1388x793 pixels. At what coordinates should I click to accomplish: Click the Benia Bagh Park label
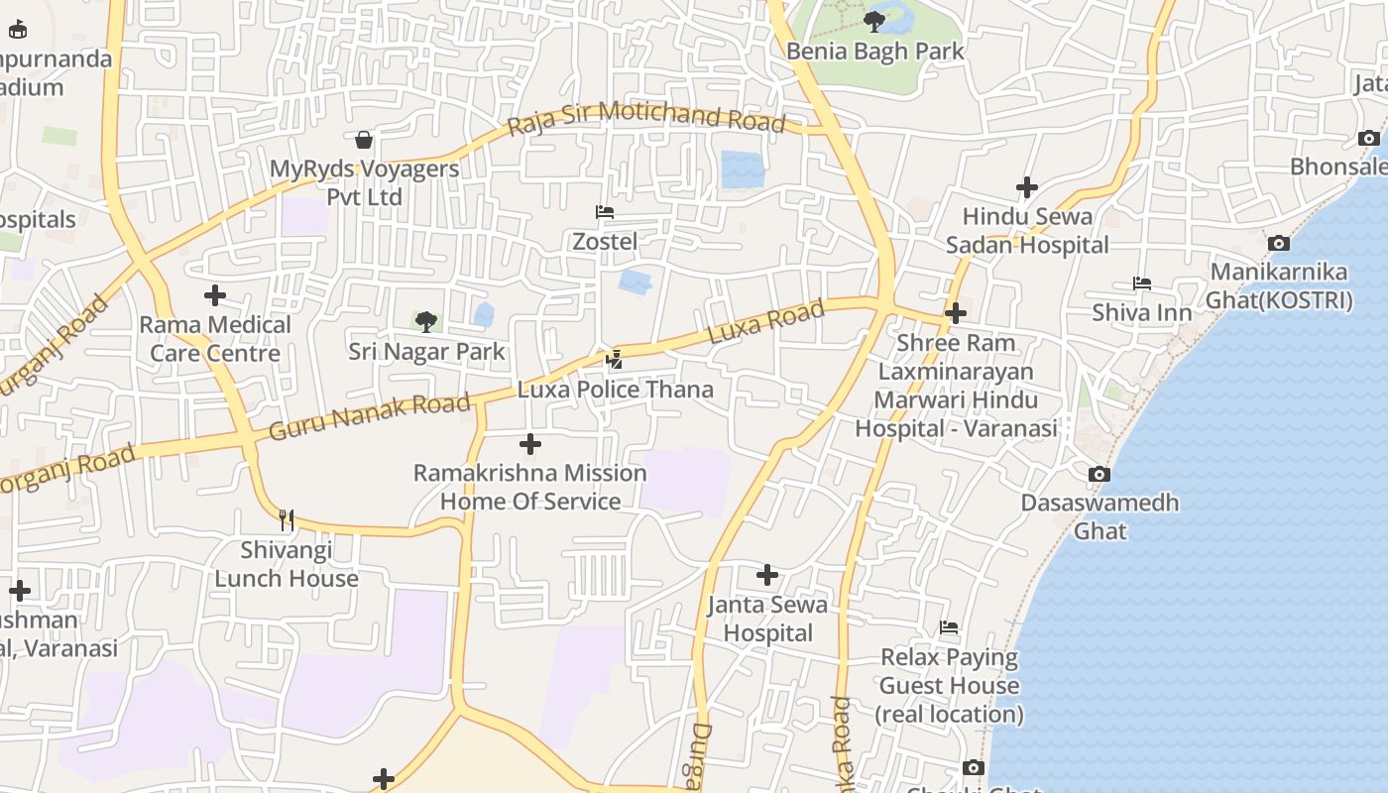874,51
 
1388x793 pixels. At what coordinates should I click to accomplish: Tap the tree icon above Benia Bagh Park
873,21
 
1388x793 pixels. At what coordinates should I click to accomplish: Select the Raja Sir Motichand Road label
645,118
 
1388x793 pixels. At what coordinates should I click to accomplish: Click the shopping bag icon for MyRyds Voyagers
364,140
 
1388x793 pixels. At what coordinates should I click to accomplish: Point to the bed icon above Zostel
604,212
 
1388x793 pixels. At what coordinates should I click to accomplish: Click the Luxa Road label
767,322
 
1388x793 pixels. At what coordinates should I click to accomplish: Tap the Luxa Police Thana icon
615,360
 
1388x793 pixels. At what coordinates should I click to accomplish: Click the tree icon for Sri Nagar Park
426,321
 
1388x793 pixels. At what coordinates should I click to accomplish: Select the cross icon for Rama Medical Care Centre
215,295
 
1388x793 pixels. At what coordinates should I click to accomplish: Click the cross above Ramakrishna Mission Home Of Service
530,444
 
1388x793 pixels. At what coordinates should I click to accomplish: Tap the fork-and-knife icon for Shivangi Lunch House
286,520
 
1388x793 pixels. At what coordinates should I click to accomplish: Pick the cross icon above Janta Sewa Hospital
766,575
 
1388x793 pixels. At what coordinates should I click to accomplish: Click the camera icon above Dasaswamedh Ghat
1099,474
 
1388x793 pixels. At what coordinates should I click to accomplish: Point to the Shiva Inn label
1141,313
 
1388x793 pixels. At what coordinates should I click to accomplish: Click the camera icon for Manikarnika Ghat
1279,243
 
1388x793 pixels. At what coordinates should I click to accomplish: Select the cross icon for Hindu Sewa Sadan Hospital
1027,186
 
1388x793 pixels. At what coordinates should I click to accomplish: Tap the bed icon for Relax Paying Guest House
949,627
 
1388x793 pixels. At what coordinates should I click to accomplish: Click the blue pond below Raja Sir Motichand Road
743,169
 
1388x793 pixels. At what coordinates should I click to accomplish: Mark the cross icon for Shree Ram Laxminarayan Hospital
956,314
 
